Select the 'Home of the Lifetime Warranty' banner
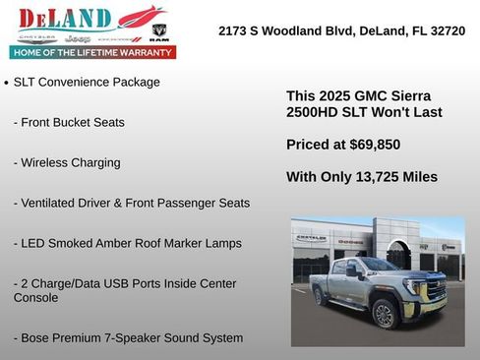[92, 52]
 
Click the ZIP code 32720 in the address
[447, 31]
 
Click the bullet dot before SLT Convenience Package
[7, 84]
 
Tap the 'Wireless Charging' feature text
[67, 162]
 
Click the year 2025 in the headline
[332, 96]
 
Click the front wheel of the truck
[385, 313]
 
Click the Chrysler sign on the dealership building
[311, 238]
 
